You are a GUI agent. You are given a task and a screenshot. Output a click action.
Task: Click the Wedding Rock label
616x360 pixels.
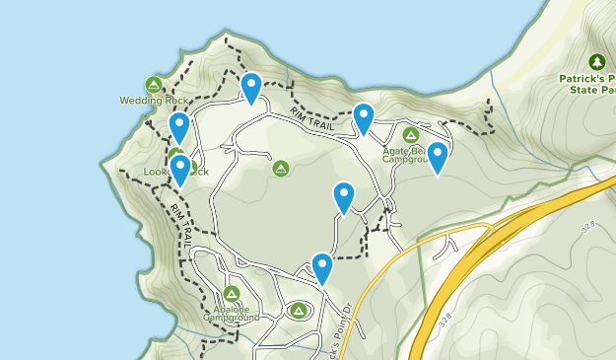pos(153,100)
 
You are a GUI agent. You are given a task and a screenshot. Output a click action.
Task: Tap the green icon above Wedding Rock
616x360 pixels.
pos(153,83)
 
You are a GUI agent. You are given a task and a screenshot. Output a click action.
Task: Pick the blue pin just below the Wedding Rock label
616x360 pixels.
pos(178,127)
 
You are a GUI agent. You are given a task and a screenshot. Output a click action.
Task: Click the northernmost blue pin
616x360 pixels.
pos(251,87)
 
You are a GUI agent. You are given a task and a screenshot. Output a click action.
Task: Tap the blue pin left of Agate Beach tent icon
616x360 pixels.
pos(364,118)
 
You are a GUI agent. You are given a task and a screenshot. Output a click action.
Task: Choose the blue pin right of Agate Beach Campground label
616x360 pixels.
pos(437,157)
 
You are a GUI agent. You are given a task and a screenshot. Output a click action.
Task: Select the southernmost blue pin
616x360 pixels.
pos(322,267)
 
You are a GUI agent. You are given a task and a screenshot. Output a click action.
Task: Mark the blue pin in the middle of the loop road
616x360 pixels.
pos(344,197)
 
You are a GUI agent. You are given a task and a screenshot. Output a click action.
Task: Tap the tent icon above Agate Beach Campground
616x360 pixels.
pos(411,134)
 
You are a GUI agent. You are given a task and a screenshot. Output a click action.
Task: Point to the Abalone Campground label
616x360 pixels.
pos(232,313)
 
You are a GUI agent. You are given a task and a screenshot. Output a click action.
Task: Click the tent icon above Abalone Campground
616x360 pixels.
pos(232,294)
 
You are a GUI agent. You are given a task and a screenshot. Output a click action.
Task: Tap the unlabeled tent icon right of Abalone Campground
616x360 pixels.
pos(298,311)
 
